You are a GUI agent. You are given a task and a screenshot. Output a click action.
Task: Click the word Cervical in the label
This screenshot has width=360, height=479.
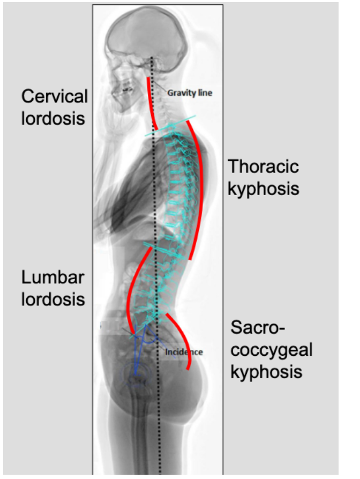pos(54,97)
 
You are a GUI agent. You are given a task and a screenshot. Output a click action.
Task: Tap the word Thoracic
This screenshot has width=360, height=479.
pos(263,166)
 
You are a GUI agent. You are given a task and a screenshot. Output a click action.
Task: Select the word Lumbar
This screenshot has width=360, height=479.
pos(53,278)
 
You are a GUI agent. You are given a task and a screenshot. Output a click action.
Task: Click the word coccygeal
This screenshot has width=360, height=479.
pos(272,349)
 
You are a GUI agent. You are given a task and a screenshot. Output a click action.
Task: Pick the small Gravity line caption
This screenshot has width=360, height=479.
pos(190,93)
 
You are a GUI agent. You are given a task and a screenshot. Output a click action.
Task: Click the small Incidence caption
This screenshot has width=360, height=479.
pos(184,352)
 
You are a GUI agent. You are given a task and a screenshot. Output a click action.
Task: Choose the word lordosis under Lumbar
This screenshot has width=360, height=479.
pos(53,298)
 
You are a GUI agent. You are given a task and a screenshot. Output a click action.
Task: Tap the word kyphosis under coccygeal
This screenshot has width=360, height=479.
pos(266,371)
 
